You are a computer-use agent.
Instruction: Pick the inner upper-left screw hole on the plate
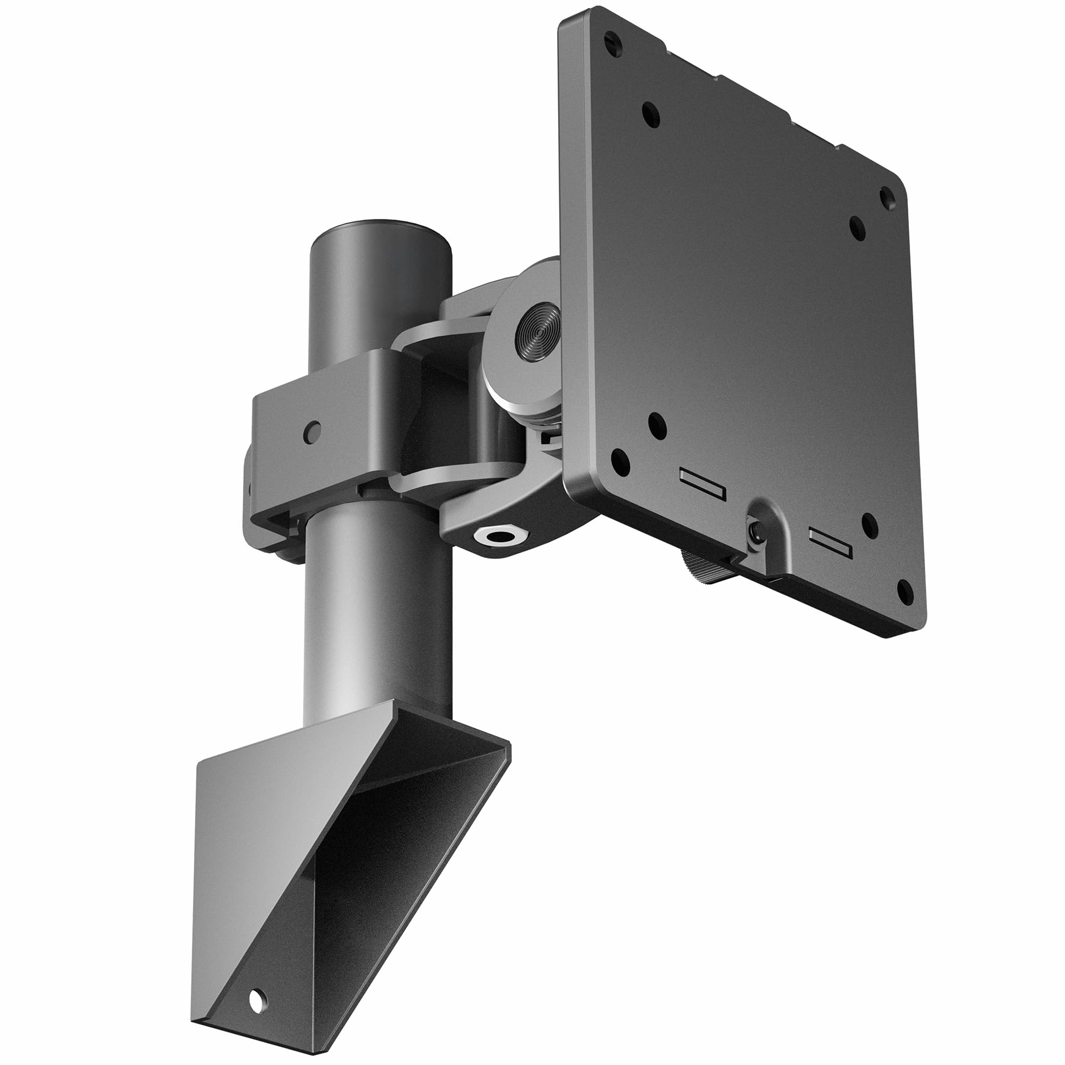651,114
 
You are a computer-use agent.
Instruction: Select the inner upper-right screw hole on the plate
857,227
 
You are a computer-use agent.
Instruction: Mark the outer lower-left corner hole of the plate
621,461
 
